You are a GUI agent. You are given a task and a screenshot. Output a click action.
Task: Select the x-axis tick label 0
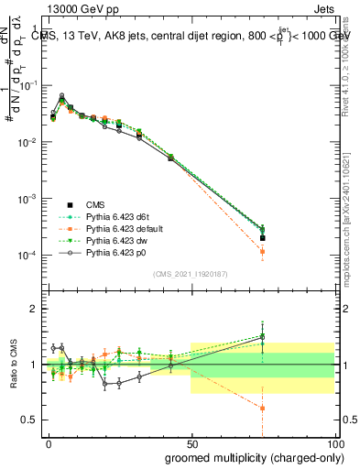pyautogui.click(x=49, y=442)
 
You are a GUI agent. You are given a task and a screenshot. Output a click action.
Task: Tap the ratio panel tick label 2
pyautogui.click(x=33, y=309)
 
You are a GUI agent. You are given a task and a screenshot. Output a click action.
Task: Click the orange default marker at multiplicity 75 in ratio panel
pyautogui.click(x=263, y=409)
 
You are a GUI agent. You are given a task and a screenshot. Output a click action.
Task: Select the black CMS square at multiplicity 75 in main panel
pyautogui.click(x=263, y=238)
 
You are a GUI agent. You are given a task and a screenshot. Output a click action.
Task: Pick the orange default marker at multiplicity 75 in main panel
pyautogui.click(x=263, y=251)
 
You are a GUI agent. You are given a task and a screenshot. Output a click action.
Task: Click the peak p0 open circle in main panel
pyautogui.click(x=61, y=95)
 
